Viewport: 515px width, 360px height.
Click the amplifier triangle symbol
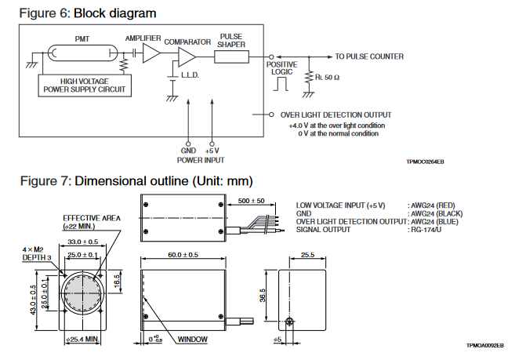tap(151, 54)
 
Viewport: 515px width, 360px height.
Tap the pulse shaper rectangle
tap(231, 56)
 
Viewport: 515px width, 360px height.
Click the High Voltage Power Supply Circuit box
tap(85, 85)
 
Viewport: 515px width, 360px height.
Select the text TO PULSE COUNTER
tap(369, 56)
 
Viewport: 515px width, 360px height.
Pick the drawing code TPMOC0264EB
tap(425, 161)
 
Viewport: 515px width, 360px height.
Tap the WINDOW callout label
tap(191, 340)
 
